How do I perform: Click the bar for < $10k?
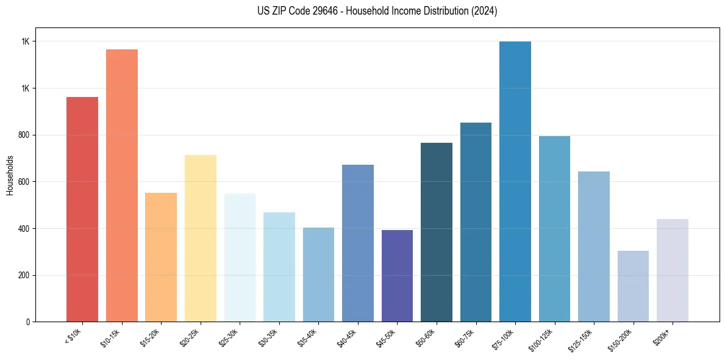(x=82, y=209)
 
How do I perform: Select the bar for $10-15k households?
(x=121, y=185)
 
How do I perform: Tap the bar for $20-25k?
(x=200, y=238)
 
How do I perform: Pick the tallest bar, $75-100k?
(x=515, y=181)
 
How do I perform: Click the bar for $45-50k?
(x=397, y=276)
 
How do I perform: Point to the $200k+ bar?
(x=673, y=270)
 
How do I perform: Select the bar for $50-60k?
(x=437, y=232)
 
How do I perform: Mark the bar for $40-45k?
(x=358, y=243)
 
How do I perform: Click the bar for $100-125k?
(x=554, y=229)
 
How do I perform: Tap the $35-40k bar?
(x=318, y=275)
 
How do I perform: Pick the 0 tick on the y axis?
(x=28, y=322)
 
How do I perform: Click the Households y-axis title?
(x=10, y=175)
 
